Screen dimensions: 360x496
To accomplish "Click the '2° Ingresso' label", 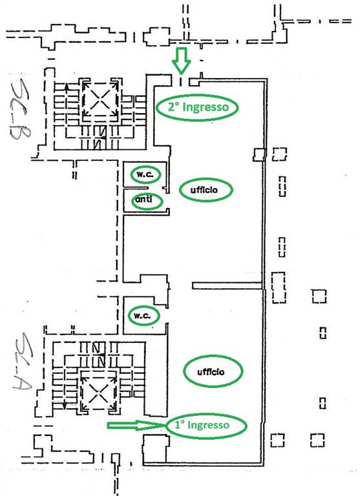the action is [198, 107].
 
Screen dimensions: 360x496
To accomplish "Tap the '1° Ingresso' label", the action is [202, 425].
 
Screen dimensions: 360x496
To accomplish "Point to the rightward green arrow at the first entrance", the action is [136, 426].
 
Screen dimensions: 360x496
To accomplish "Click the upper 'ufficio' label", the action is [204, 190].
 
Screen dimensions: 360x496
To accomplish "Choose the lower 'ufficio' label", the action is [211, 372].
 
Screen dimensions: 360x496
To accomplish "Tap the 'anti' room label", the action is [143, 200].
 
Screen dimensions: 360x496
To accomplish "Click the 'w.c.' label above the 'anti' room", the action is [145, 174].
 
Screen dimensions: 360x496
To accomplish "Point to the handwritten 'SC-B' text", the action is [20, 108].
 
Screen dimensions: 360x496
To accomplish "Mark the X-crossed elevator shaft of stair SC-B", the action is [100, 100].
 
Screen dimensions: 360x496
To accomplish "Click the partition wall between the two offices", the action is [228, 286].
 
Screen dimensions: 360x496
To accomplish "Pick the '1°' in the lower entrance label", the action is [180, 425].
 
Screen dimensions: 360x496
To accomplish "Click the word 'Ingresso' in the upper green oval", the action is [206, 107].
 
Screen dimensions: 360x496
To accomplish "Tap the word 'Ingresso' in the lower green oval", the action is [209, 425].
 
